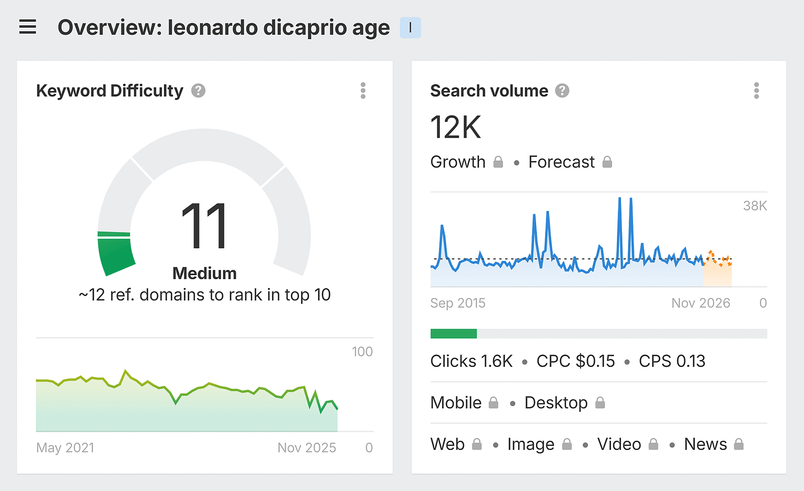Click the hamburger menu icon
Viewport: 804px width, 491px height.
click(27, 27)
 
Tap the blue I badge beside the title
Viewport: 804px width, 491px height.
click(410, 27)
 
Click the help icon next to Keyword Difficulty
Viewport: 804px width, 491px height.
click(198, 91)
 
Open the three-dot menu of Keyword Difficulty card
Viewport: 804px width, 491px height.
click(363, 91)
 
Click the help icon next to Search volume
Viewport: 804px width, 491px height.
click(562, 91)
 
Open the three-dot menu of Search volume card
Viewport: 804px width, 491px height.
click(756, 91)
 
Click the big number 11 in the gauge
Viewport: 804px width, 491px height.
click(204, 225)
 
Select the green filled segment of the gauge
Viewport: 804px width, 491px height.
click(116, 256)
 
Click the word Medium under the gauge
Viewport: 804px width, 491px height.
click(204, 273)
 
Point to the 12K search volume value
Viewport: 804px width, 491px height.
click(455, 127)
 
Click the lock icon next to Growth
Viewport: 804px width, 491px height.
click(498, 162)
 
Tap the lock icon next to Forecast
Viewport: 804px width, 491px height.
click(607, 162)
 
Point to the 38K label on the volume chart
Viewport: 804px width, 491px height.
click(755, 206)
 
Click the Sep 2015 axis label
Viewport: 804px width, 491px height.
click(457, 303)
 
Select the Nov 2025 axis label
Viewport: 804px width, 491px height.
click(306, 448)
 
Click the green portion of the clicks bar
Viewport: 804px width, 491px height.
click(453, 334)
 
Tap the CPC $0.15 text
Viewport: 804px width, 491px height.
click(575, 361)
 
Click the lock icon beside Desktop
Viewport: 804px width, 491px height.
click(600, 403)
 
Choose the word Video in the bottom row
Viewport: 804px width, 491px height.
click(619, 444)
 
